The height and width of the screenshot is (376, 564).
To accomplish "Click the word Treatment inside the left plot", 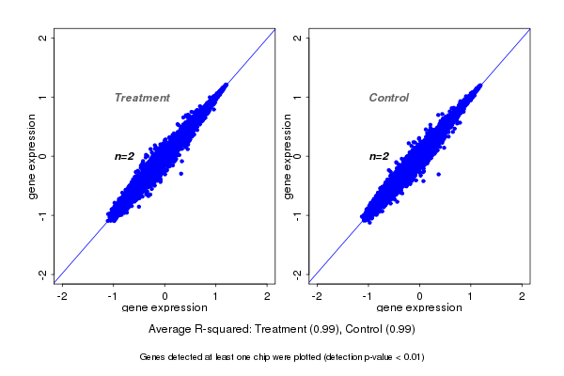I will point(142,98).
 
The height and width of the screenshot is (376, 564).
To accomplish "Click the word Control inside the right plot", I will point(388,98).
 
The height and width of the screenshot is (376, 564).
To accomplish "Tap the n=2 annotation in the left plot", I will point(125,156).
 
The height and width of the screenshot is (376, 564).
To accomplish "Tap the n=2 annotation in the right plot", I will point(379,156).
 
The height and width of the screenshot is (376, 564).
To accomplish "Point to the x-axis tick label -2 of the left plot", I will point(62,297).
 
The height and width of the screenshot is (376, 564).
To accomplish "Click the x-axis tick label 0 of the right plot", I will point(420,297).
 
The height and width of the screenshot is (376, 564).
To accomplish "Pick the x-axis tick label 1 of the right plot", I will point(472,297).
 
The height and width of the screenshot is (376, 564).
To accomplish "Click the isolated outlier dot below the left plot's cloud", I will point(180,174).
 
